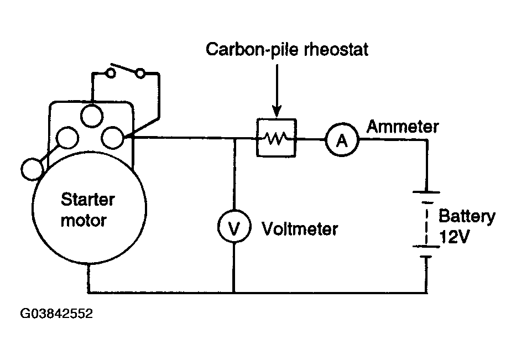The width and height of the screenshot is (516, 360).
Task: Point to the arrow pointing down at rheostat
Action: [277, 91]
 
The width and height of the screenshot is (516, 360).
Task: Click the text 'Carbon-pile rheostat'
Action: [287, 50]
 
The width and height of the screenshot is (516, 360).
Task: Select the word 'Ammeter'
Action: [403, 127]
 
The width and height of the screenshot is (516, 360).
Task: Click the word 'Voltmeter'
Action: [300, 229]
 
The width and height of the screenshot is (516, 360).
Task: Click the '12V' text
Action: [454, 237]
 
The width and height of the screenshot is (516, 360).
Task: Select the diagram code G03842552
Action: [56, 314]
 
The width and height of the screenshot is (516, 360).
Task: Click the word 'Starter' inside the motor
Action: [88, 200]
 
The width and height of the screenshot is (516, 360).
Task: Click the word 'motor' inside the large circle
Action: [84, 221]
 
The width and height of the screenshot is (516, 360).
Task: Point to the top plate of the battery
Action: [426, 192]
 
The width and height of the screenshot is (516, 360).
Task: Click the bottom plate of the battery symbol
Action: [426, 257]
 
